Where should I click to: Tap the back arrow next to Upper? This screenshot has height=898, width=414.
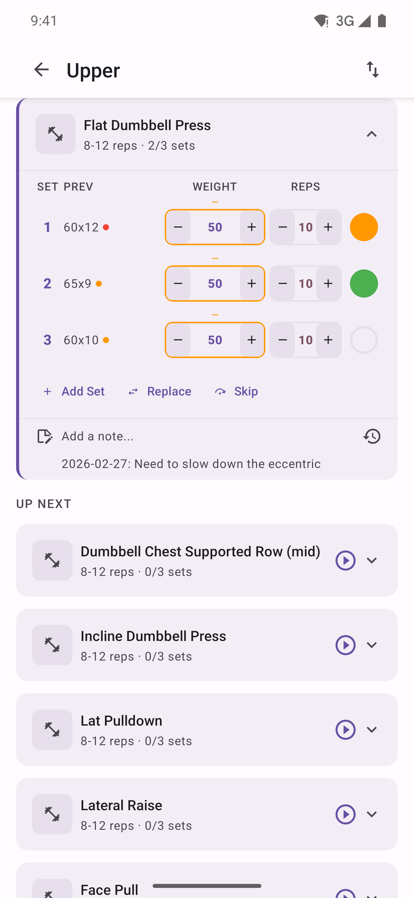point(41,69)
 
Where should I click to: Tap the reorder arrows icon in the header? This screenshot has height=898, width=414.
point(372,69)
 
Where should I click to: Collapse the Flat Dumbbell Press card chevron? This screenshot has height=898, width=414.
point(371,134)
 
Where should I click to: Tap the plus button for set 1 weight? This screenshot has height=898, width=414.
point(251,227)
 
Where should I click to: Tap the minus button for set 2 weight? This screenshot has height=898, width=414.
point(178,284)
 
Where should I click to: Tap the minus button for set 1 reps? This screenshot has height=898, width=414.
point(282,227)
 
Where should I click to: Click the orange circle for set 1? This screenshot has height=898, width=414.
point(363,227)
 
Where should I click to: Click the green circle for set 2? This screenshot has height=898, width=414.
point(363,284)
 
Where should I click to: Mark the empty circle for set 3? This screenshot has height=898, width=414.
point(363,340)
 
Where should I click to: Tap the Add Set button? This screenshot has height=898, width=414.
point(74,391)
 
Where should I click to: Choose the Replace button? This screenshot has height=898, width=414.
point(160,391)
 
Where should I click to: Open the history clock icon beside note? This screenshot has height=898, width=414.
point(371,436)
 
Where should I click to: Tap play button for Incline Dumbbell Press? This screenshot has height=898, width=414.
point(345,645)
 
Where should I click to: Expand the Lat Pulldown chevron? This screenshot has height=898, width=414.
point(371,730)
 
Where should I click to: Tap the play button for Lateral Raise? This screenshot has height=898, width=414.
point(345,814)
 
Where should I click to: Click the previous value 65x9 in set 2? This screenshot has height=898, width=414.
point(78,284)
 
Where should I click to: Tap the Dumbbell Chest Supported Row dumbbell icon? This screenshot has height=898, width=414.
point(52,560)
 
